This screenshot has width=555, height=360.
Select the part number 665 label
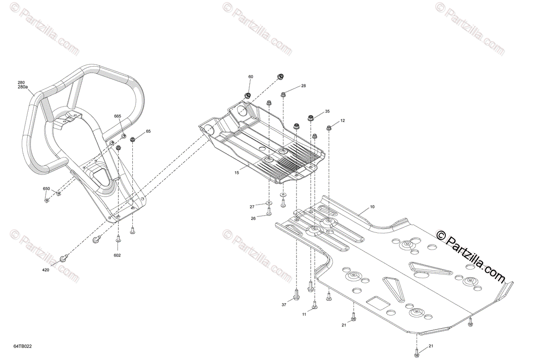(x=118, y=116)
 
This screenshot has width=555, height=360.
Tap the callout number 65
(x=148, y=131)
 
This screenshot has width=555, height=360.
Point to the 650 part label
(x=46, y=189)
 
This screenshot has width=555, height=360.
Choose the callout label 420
(x=46, y=270)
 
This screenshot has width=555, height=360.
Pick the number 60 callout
(x=251, y=77)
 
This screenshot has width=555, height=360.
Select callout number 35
(x=327, y=112)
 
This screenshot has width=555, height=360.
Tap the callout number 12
(x=343, y=121)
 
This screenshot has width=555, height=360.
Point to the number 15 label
(x=237, y=173)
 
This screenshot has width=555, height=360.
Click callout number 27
(x=252, y=206)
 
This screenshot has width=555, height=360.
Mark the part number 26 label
(x=253, y=219)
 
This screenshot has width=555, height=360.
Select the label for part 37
(x=284, y=304)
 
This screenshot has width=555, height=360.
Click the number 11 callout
(x=304, y=315)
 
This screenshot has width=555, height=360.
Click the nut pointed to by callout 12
(x=329, y=128)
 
